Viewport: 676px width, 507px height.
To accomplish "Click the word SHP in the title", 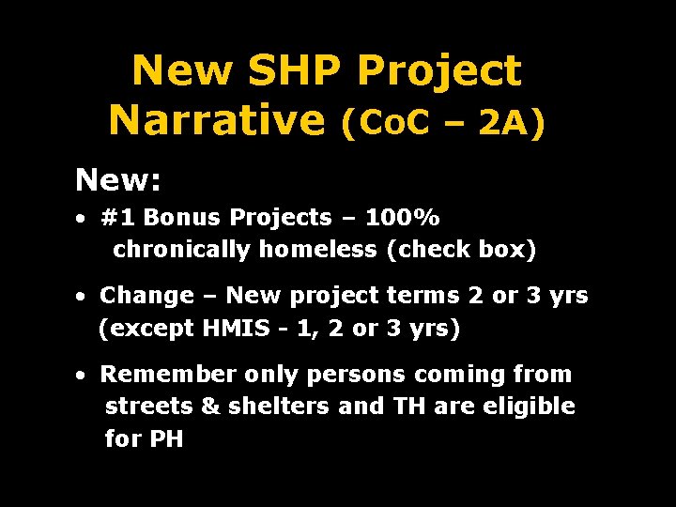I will (x=300, y=71).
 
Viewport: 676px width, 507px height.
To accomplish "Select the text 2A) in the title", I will (x=512, y=122).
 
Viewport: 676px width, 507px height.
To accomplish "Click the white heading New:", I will (x=117, y=177).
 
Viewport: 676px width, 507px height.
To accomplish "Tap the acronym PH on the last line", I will (x=166, y=438).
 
